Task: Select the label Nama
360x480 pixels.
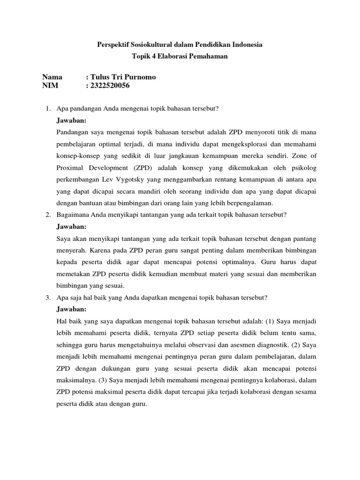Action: (x=52, y=77)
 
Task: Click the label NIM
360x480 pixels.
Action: (x=50, y=86)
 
